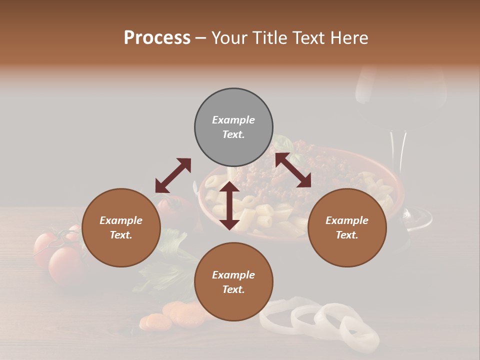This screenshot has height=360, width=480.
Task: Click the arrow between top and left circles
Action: pyautogui.click(x=173, y=175)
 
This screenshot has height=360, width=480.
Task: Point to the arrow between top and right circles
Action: pyautogui.click(x=293, y=170)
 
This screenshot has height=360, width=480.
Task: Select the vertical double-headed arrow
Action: pyautogui.click(x=229, y=205)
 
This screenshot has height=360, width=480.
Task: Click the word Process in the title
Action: pyautogui.click(x=157, y=37)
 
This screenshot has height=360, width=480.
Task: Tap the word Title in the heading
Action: pyautogui.click(x=270, y=37)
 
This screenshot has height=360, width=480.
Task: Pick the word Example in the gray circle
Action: pyautogui.click(x=233, y=120)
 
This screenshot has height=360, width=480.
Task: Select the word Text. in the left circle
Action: pyautogui.click(x=121, y=235)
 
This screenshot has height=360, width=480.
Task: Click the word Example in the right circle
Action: pyautogui.click(x=347, y=220)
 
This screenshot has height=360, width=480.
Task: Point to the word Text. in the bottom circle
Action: pyautogui.click(x=233, y=289)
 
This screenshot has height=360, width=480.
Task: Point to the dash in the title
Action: pyautogui.click(x=200, y=38)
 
